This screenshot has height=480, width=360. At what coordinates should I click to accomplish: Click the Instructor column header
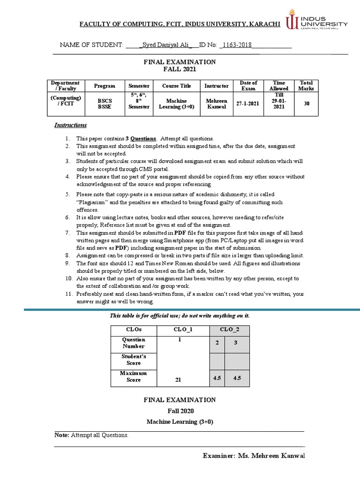(217, 86)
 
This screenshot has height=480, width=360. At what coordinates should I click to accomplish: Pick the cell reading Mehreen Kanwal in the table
(217, 104)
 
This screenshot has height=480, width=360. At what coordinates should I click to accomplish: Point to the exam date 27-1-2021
(248, 104)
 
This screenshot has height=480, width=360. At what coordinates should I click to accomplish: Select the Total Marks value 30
(307, 104)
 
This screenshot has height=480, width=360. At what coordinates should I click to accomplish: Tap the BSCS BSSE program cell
(105, 104)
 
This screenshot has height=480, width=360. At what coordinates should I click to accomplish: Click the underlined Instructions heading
(71, 125)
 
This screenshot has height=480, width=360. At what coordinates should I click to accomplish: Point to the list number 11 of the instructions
(67, 294)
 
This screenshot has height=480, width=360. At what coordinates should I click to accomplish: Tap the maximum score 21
(178, 380)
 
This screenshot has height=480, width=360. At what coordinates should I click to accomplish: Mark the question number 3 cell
(236, 343)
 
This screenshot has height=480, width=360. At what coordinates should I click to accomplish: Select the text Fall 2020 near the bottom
(180, 411)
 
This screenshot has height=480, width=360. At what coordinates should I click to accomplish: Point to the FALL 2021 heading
(180, 69)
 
